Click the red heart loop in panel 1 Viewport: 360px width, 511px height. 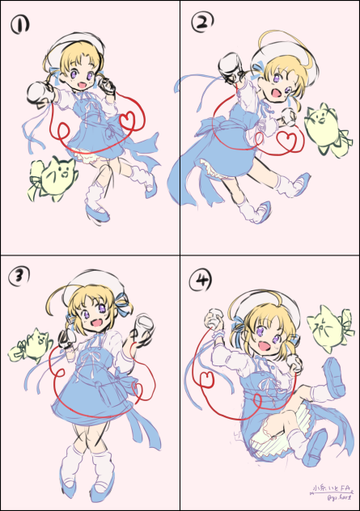128,119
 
